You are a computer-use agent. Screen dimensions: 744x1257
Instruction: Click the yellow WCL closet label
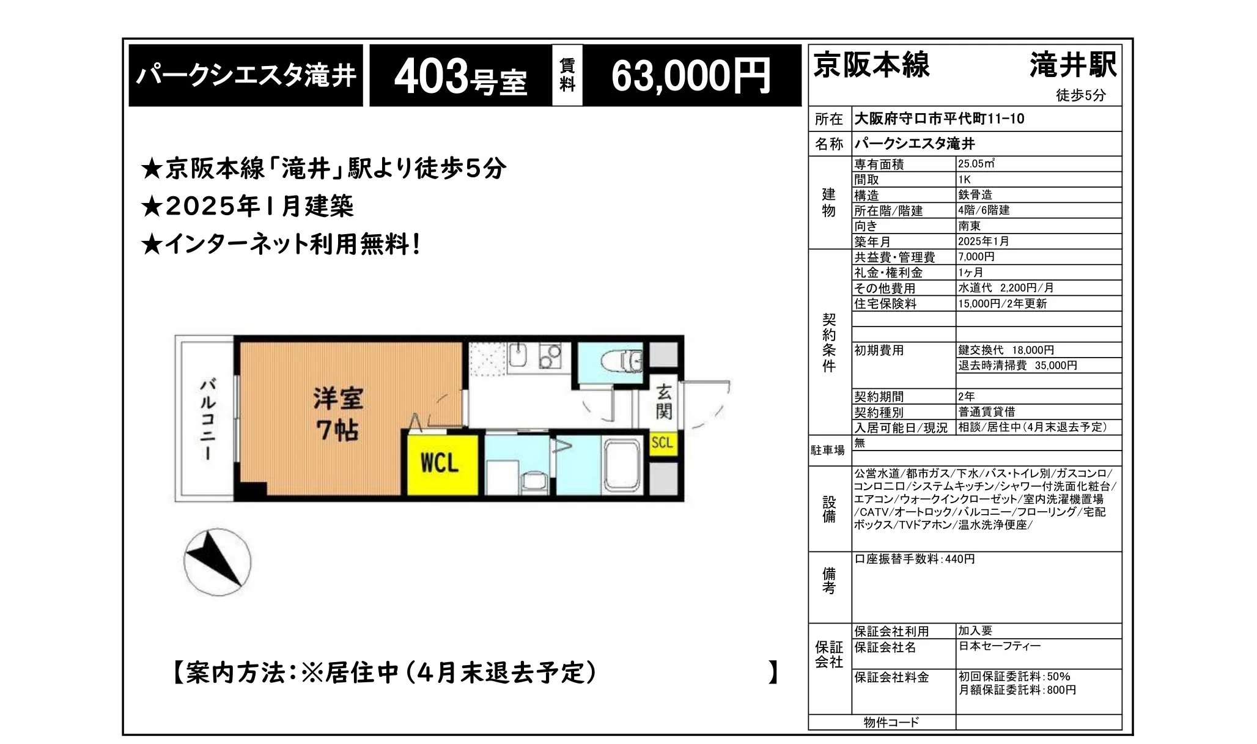point(440,463)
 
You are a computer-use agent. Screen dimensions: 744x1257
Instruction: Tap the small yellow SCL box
point(662,442)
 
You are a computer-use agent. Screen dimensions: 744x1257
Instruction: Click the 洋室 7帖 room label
point(337,414)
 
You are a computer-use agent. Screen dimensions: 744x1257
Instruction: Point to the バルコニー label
point(208,419)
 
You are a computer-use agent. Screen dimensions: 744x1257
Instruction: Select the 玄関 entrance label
point(664,402)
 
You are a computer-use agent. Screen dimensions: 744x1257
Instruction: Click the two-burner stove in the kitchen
point(550,356)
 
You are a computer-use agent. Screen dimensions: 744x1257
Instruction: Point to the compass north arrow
point(217,561)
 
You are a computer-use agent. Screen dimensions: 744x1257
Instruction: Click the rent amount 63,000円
point(691,76)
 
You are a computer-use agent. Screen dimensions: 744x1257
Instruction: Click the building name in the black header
point(246,76)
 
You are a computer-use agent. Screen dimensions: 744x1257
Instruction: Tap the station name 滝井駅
point(1072,65)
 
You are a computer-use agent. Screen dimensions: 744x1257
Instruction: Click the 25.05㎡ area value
point(976,164)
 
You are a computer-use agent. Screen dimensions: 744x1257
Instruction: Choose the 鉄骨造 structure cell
point(976,195)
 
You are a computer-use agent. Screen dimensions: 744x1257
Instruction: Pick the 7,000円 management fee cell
point(976,257)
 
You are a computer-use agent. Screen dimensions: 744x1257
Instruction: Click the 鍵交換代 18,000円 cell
point(1006,350)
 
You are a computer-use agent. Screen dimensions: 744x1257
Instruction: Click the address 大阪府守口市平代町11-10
point(939,119)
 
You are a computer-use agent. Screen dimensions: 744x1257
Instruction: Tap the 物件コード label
point(891,723)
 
